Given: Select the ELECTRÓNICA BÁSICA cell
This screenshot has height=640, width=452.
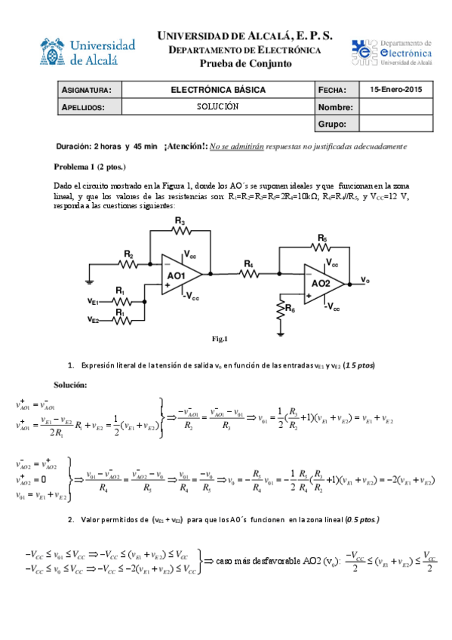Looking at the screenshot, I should point(218,90).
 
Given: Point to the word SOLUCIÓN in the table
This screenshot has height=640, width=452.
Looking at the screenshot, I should point(217,106).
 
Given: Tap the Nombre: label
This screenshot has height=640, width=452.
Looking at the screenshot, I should point(336,106).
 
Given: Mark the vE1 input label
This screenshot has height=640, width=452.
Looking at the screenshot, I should point(94,302).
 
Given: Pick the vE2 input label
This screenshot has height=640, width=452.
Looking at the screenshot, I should point(94,321).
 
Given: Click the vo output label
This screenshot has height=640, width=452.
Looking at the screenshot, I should point(365,280).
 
